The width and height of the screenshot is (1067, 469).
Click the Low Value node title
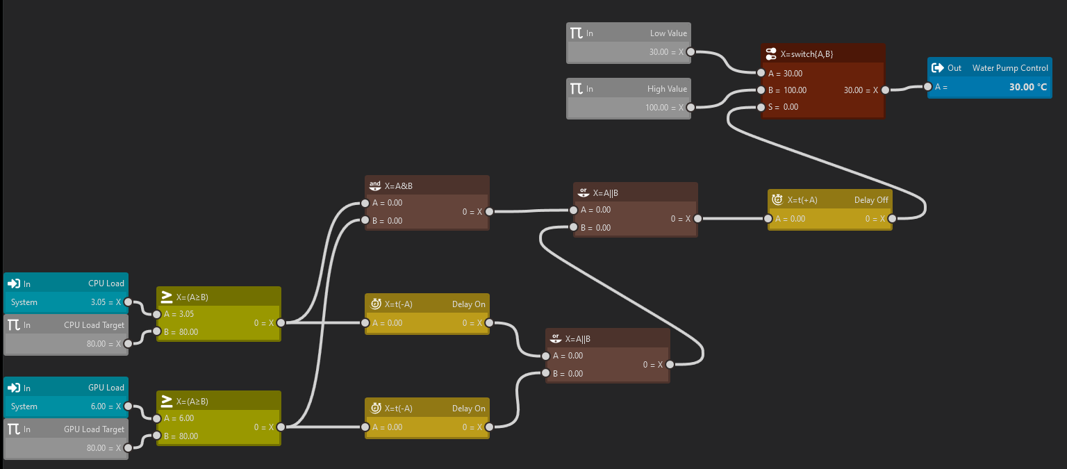coord(668,33)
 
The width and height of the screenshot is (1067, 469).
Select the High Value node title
coord(666,89)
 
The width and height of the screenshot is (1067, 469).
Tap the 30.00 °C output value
coord(1027,88)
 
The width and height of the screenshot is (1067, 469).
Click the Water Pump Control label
coord(1009,68)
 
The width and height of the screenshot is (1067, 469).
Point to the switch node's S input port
coord(761,107)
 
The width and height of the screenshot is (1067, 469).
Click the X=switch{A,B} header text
coord(807,54)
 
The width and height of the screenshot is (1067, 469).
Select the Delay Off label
coord(871,200)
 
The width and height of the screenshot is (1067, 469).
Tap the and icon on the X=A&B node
coord(375,186)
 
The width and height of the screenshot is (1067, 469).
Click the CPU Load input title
coord(106,283)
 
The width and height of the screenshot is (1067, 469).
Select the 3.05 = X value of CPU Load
coord(106,302)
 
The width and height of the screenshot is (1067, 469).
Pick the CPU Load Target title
coord(94,325)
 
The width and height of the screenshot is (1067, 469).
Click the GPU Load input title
coord(106,388)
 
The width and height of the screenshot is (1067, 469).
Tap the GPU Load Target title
coord(94,429)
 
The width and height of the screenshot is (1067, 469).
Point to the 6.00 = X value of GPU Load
coord(106,406)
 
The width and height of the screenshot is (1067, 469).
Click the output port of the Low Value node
coord(690,52)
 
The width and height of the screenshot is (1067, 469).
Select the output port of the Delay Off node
coord(892,218)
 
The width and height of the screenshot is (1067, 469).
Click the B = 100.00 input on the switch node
coord(787,90)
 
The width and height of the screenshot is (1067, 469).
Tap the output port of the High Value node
coord(690,108)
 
